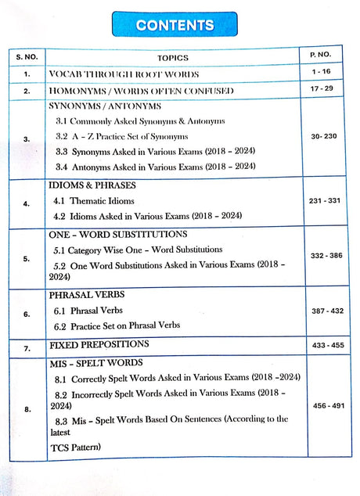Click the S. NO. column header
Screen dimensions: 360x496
[x=27, y=57]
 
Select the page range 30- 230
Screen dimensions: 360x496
[x=323, y=136]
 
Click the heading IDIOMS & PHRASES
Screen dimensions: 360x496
[x=92, y=185]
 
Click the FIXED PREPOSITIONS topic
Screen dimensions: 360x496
[x=99, y=344]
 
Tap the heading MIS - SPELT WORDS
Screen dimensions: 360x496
[x=95, y=363]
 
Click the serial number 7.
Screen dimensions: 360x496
[x=27, y=346]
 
